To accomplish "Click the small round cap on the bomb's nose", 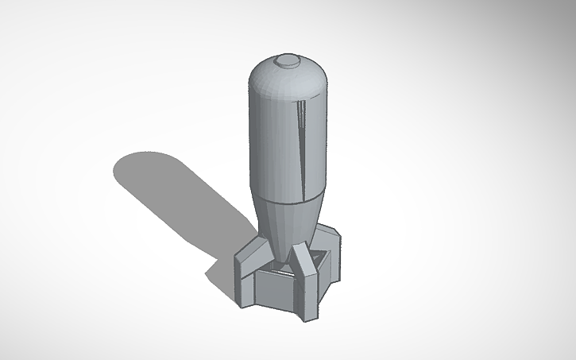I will point(287,60).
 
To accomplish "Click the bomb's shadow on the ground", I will point(183,199).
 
